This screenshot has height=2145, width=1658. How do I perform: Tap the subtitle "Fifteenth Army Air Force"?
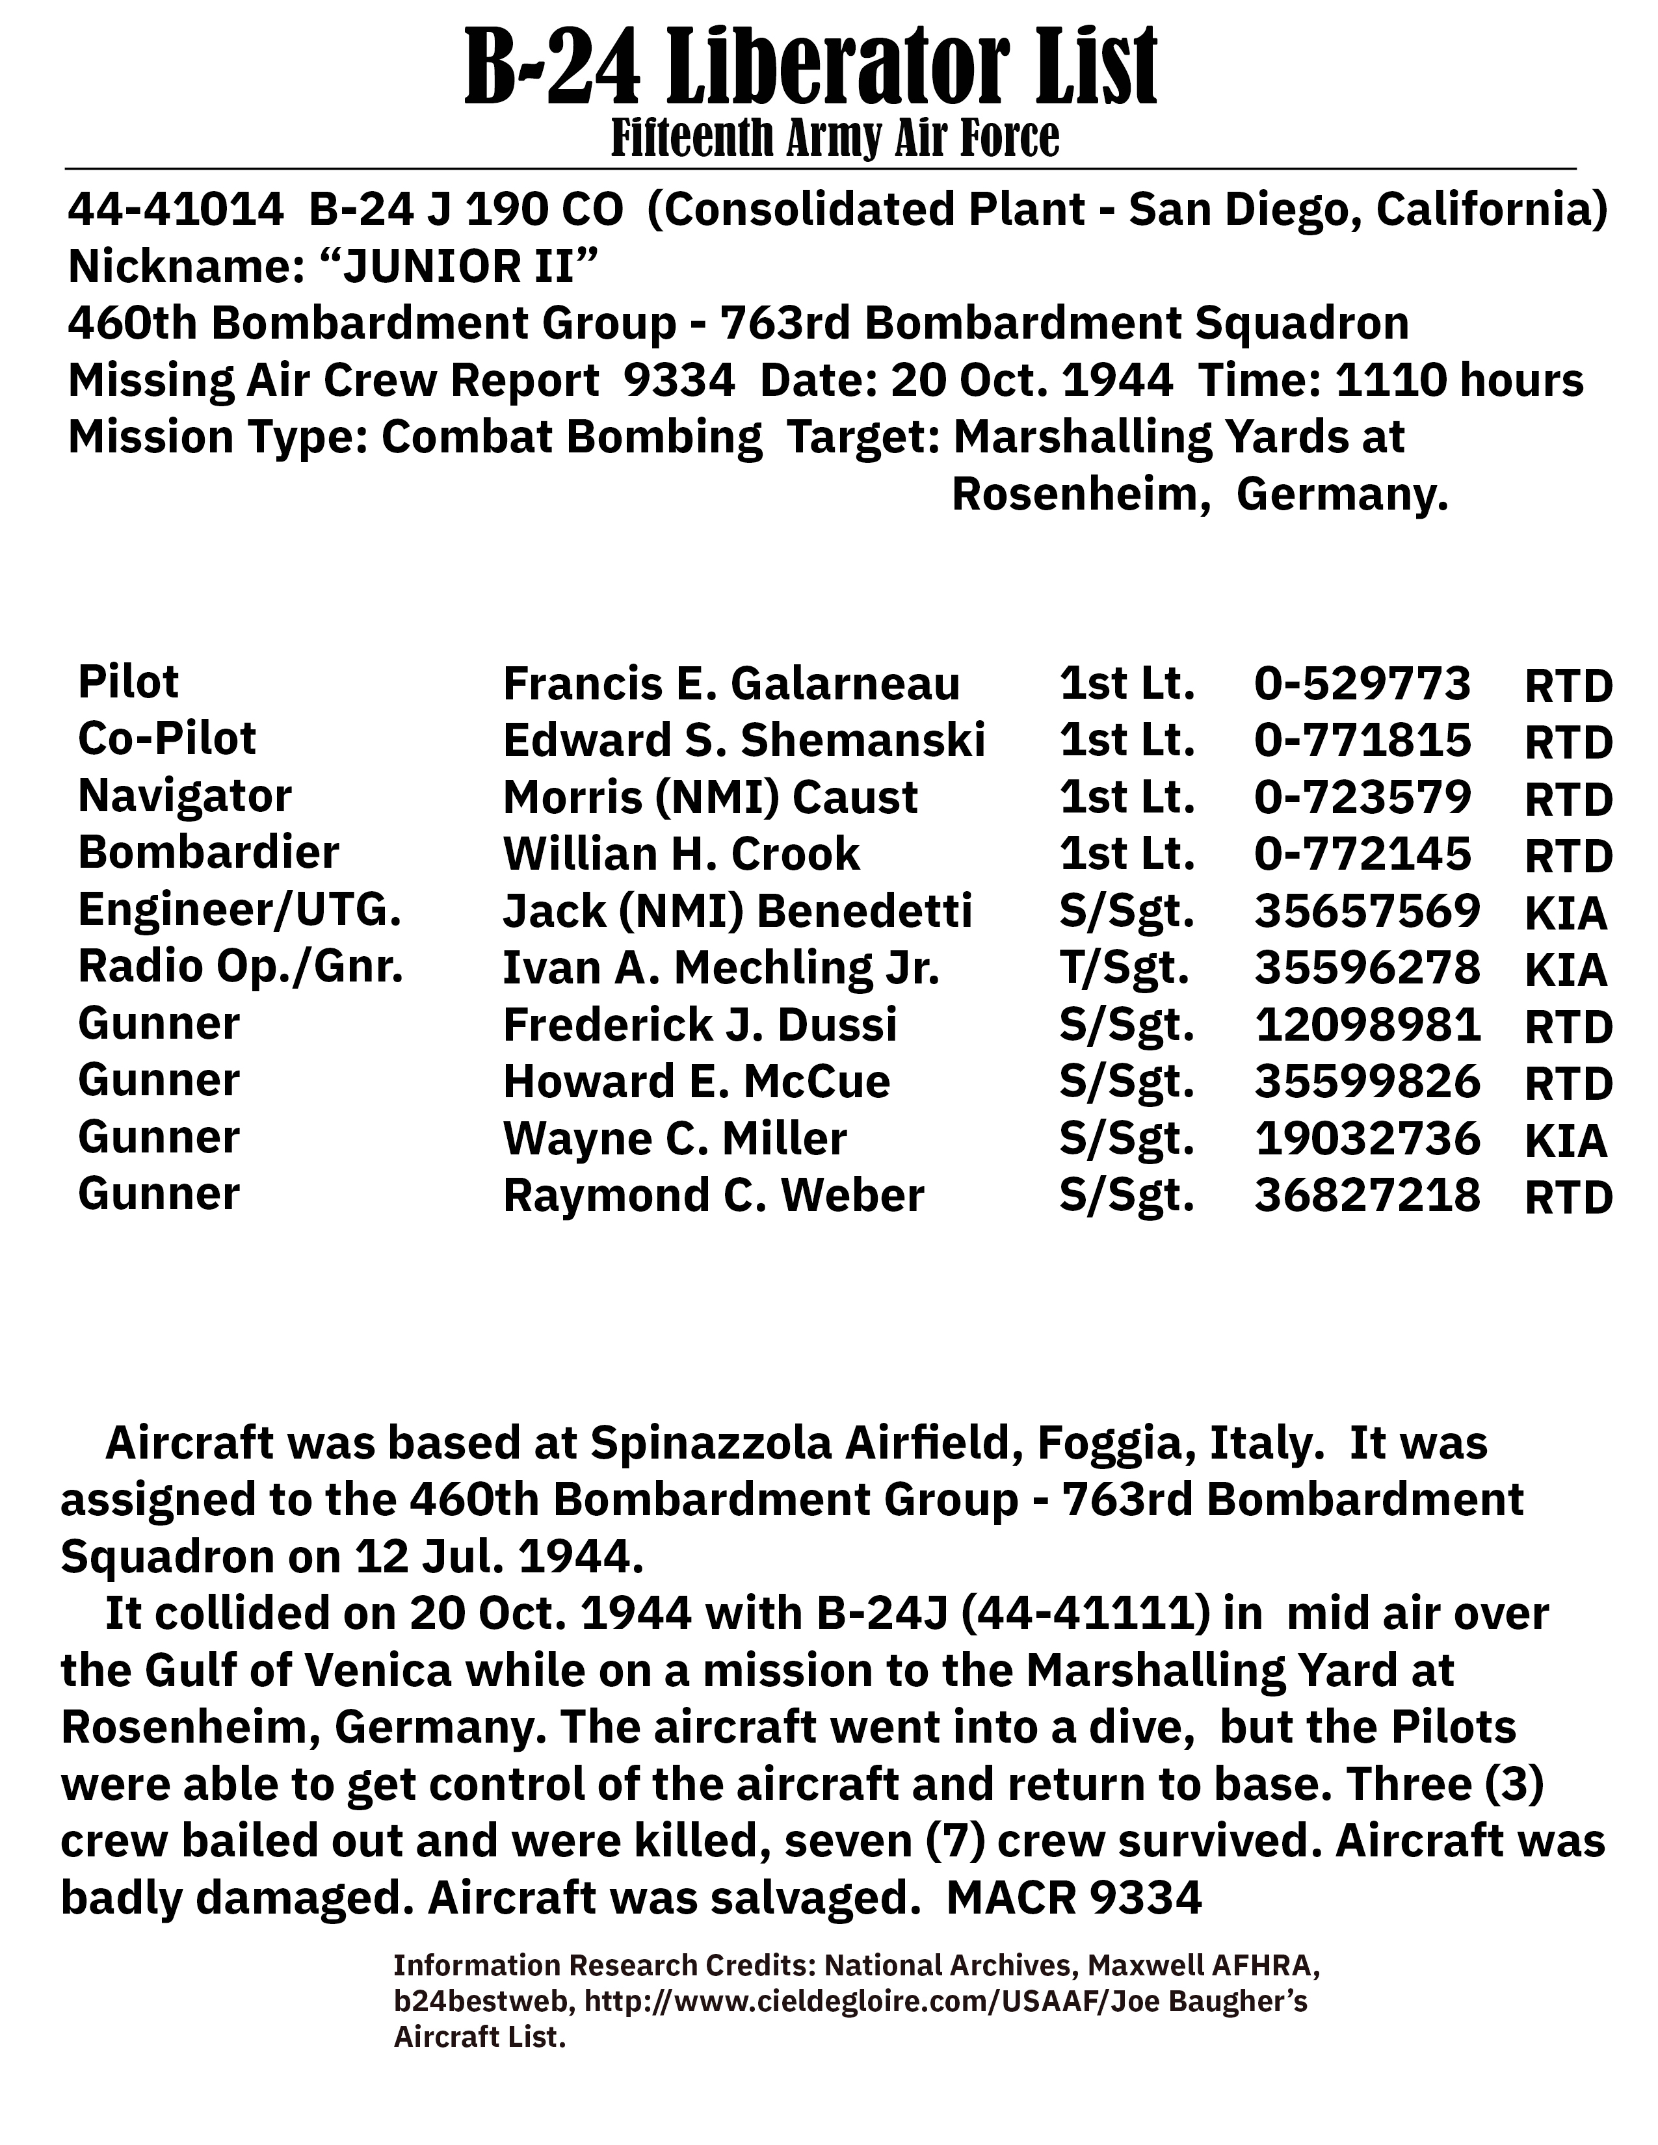(835, 138)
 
